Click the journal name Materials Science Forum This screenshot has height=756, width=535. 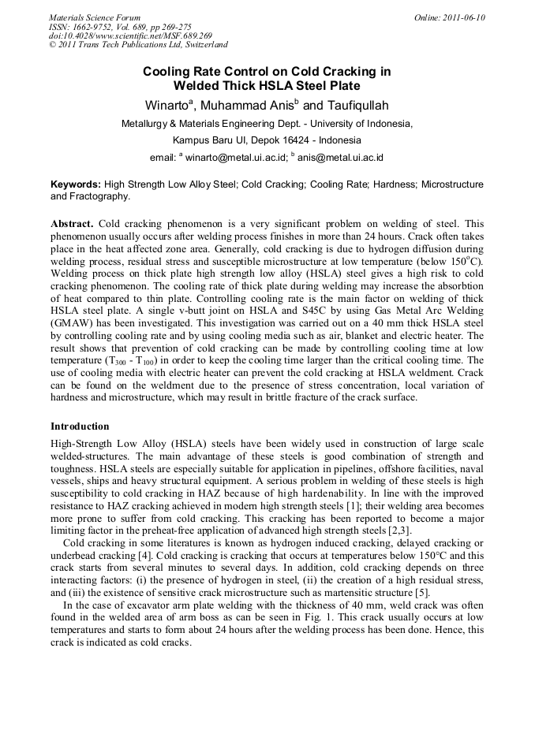coord(95,17)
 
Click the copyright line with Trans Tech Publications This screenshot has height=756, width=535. coord(138,46)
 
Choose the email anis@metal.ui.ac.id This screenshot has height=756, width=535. coord(340,157)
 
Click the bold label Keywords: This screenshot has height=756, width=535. coord(76,184)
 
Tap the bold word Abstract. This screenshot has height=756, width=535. coord(73,223)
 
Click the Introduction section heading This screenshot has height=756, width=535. coord(80,426)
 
